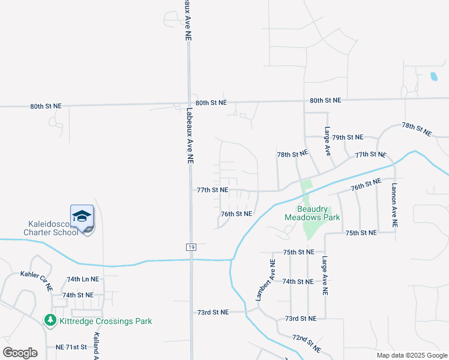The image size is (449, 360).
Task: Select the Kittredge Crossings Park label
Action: (x=106, y=321)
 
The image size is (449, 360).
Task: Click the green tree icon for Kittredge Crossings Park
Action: (x=51, y=321)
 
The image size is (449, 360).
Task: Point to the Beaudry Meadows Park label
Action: (x=312, y=213)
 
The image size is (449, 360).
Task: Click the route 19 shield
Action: (x=190, y=247)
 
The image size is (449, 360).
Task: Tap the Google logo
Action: (x=20, y=352)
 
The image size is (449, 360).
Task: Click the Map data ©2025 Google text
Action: (x=412, y=355)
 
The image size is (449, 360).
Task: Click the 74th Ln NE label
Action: (x=83, y=280)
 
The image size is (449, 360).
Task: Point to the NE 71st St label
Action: (x=71, y=347)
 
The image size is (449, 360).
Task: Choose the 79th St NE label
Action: (x=348, y=137)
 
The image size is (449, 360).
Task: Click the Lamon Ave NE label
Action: (x=394, y=205)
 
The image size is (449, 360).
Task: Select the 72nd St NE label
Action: (x=307, y=344)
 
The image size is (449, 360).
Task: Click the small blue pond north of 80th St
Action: (x=433, y=77)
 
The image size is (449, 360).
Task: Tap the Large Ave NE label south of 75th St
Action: (x=325, y=277)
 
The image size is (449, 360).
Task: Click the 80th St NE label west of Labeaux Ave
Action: (x=46, y=106)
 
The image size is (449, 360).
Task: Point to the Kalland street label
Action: (x=95, y=347)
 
